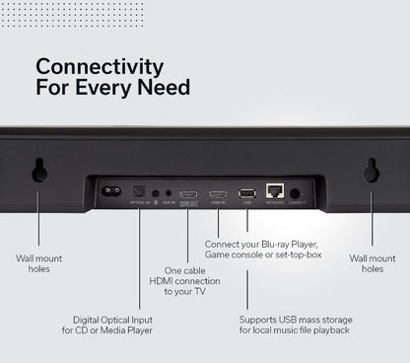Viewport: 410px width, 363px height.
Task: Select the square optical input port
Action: point(139,191)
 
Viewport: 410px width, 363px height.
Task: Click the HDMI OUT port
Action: point(189,194)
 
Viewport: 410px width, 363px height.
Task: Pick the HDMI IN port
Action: point(219,194)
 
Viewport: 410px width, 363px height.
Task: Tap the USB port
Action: point(246,193)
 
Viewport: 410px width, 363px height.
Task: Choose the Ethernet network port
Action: point(275,192)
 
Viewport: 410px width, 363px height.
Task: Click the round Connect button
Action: point(295,193)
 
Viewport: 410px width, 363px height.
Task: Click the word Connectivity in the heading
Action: point(100,66)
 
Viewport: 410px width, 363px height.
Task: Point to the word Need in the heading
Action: point(165,88)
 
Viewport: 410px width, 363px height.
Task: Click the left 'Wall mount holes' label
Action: point(40,263)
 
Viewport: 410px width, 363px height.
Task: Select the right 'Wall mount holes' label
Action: point(372,263)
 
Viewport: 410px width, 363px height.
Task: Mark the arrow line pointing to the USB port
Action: point(246,256)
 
